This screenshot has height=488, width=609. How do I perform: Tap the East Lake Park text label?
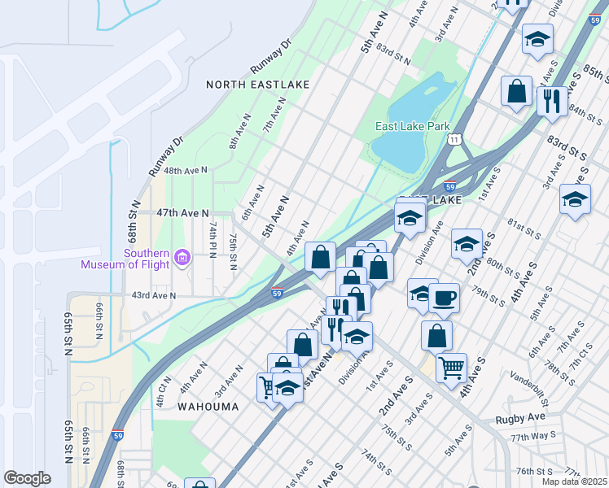(x=413, y=126)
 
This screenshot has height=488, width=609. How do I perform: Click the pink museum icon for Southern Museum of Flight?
(x=182, y=258)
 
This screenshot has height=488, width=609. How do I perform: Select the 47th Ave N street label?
(x=183, y=212)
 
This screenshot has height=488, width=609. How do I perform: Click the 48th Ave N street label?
(x=186, y=170)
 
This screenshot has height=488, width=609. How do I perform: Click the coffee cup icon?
(x=445, y=298)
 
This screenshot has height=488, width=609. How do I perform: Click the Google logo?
(x=27, y=478)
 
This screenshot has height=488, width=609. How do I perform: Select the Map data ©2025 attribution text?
(x=574, y=481)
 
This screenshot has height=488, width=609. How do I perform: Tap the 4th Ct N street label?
(x=163, y=390)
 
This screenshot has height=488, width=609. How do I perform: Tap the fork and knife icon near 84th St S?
(x=552, y=101)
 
